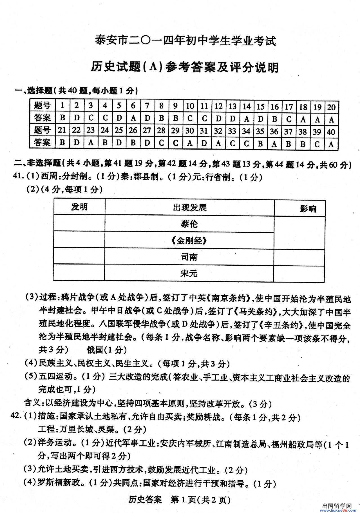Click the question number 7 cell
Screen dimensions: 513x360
tap(147, 106)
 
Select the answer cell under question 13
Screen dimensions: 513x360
tap(232, 119)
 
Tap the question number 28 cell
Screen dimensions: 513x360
tap(161, 130)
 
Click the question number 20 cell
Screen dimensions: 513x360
tap(332, 107)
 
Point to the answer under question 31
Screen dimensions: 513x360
tap(204, 143)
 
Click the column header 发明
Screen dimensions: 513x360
tap(79, 207)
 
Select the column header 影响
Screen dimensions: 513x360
tap(308, 209)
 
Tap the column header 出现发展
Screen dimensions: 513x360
tap(189, 208)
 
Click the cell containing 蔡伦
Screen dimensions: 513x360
tap(189, 224)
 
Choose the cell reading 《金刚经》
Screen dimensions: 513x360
tap(189, 241)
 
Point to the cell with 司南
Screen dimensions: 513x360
tap(189, 257)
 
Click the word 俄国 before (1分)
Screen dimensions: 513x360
tap(95, 350)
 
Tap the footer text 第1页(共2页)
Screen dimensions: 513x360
tap(201, 500)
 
